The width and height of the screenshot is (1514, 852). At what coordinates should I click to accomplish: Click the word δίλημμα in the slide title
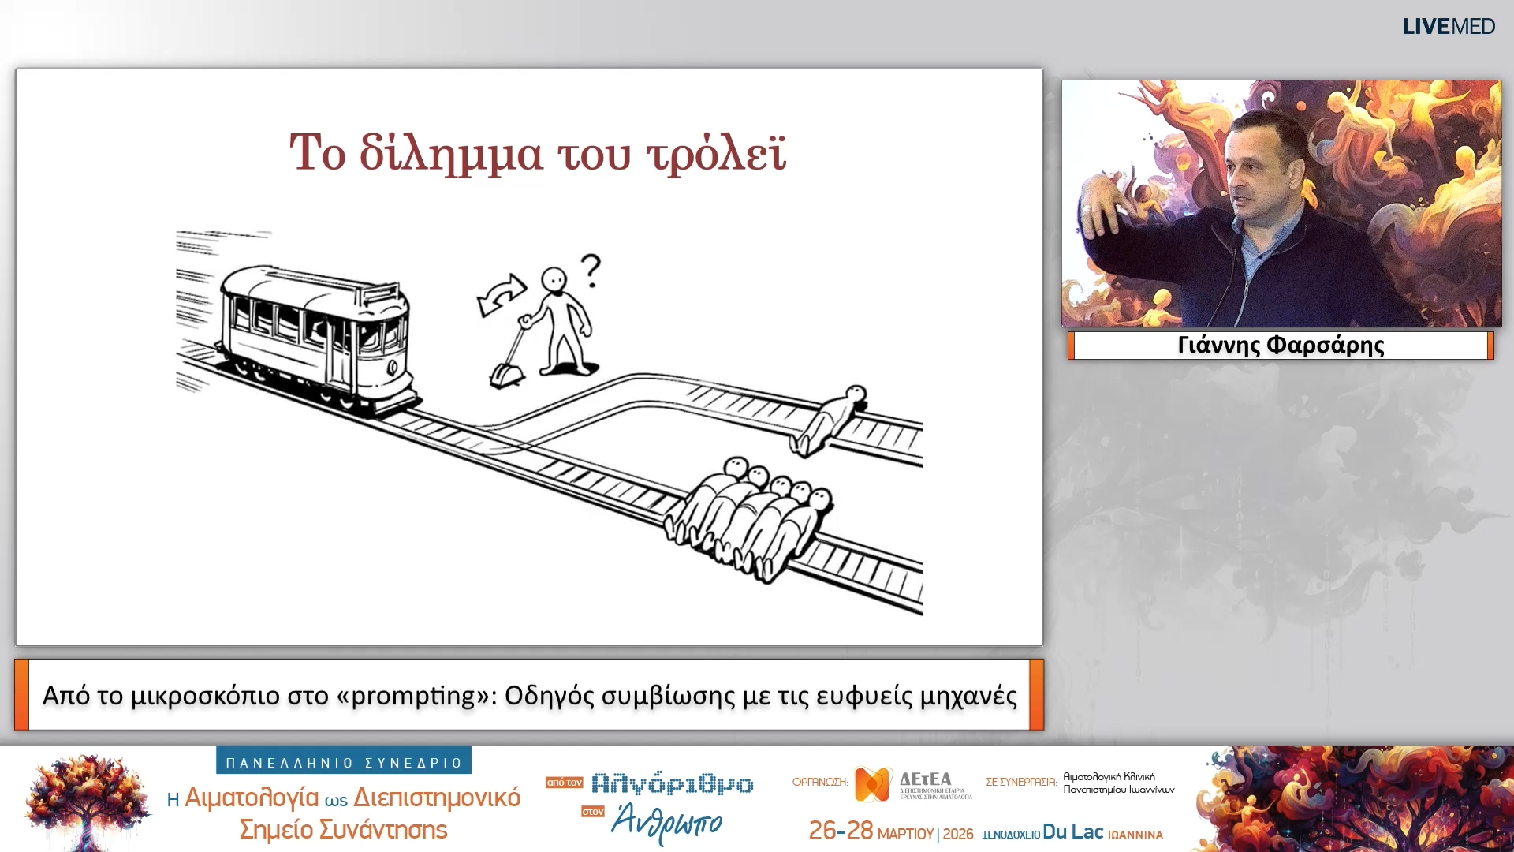point(450,153)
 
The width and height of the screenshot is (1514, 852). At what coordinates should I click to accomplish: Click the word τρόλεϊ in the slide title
point(716,153)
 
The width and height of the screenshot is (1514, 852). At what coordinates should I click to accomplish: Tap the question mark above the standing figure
point(591,271)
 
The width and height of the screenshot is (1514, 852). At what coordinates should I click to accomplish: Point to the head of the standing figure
point(554,280)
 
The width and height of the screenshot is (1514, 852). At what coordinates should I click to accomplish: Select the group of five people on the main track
point(749,517)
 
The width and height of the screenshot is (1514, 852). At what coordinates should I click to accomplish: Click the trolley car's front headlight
point(393,368)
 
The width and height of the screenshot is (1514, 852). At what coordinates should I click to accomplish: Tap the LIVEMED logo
point(1448,27)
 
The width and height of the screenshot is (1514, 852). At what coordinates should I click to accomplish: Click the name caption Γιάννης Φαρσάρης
point(1281,346)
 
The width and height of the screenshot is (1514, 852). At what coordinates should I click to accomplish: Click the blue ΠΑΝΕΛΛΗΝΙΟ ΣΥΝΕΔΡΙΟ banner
point(344,762)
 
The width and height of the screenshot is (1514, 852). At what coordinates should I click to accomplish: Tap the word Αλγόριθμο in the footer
point(672,783)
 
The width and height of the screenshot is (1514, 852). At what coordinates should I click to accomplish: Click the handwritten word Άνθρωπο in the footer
point(666,822)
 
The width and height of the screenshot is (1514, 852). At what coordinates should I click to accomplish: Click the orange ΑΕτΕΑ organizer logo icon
point(873,783)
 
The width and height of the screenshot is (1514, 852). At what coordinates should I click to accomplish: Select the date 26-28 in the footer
point(841,831)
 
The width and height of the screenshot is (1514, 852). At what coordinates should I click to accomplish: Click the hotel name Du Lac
point(1072,832)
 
